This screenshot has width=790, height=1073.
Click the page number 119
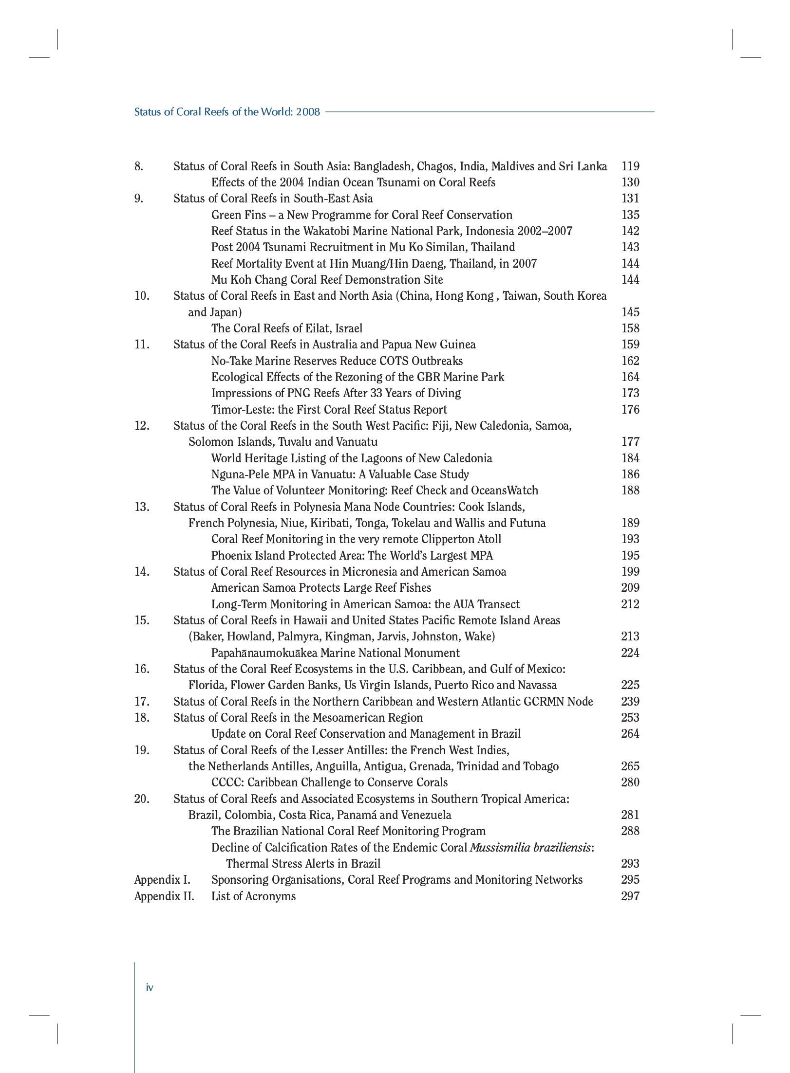click(630, 166)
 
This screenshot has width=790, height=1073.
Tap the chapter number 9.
click(139, 199)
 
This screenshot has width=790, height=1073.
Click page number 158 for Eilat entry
click(630, 328)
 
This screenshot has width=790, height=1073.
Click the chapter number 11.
click(142, 345)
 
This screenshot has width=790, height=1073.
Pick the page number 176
click(630, 410)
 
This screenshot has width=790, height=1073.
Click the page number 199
click(630, 572)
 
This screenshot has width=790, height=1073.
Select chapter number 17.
click(142, 702)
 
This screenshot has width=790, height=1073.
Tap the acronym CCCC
click(226, 782)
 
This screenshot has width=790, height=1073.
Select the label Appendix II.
click(164, 896)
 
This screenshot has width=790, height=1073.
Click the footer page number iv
click(150, 987)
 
